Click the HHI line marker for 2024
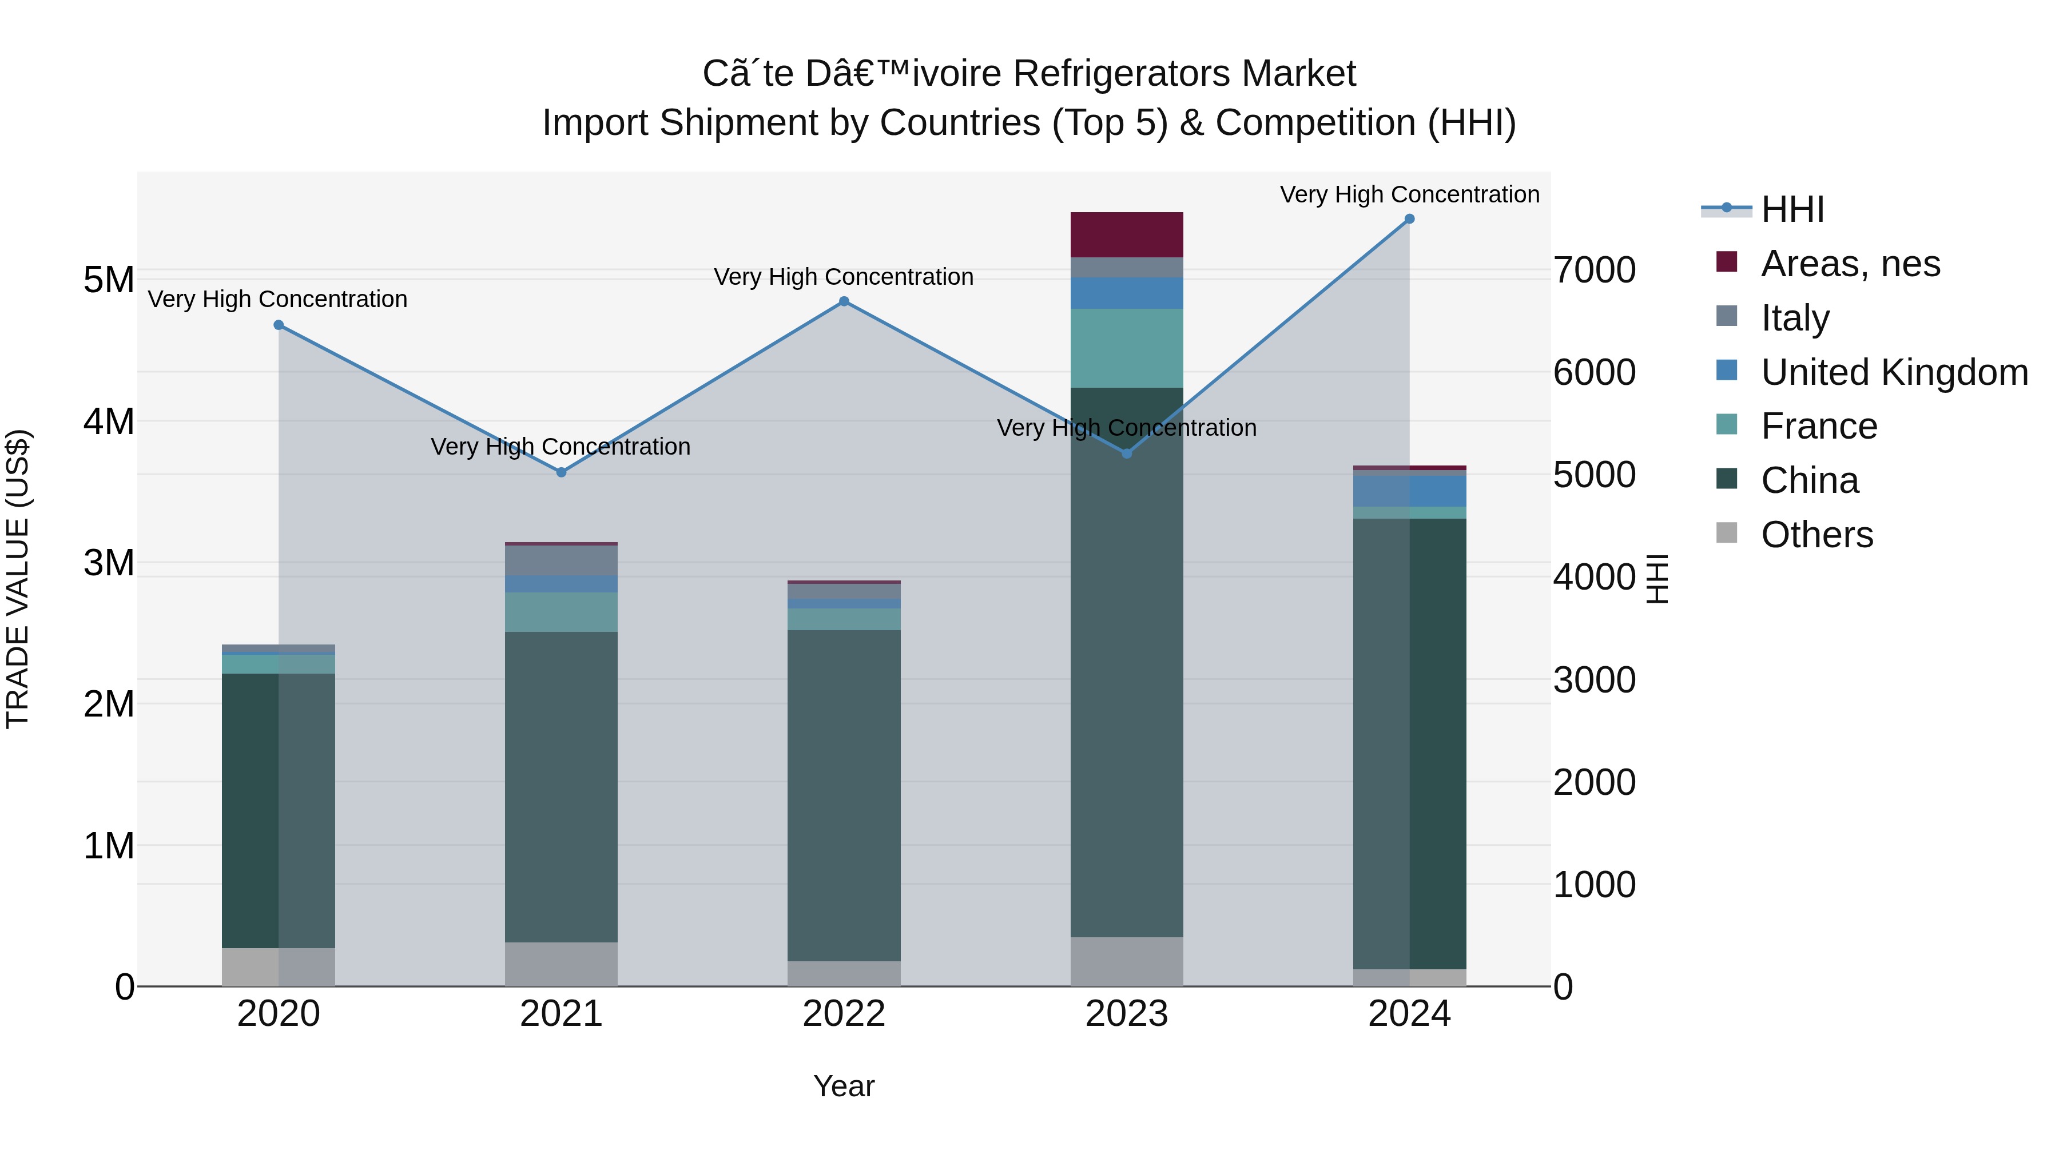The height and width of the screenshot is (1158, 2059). point(1409,219)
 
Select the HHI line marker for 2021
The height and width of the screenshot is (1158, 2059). point(561,472)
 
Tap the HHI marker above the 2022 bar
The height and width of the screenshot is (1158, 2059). point(844,301)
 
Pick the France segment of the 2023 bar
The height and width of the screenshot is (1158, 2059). point(1126,348)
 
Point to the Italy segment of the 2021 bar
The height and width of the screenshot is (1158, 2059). point(561,560)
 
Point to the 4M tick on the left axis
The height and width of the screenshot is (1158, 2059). point(109,421)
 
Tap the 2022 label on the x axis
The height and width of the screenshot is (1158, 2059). point(844,1014)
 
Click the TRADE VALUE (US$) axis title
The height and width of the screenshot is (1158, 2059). point(18,579)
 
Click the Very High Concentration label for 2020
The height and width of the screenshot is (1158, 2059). point(277,299)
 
